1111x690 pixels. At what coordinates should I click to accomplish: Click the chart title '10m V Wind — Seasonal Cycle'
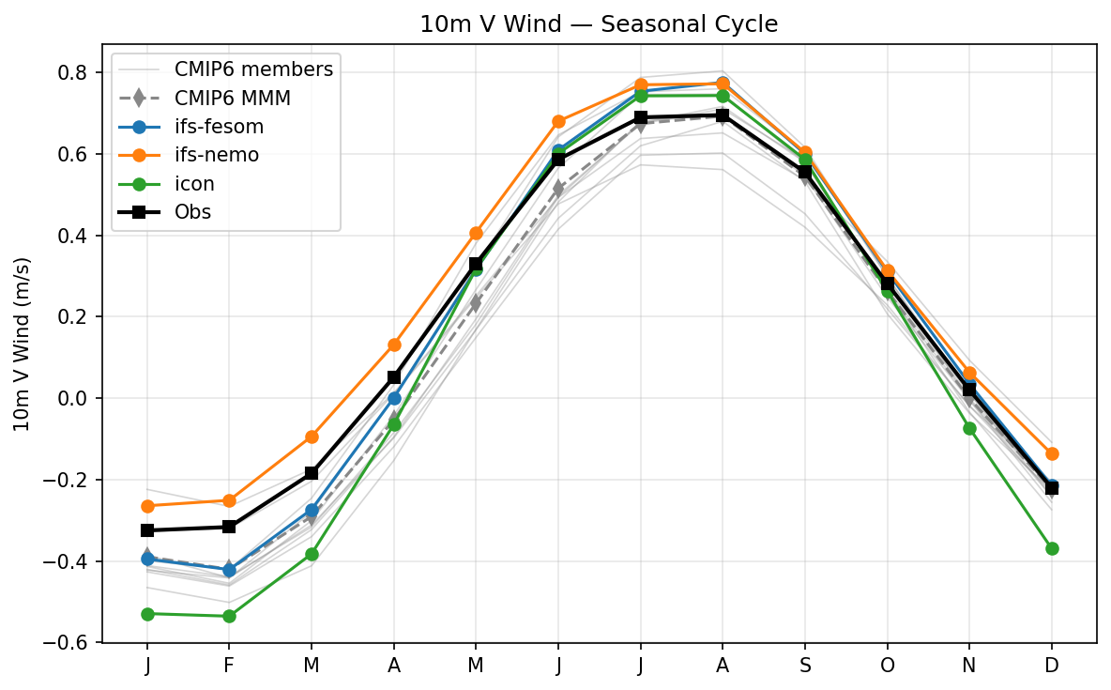(599, 24)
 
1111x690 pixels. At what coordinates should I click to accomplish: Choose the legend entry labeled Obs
(192, 212)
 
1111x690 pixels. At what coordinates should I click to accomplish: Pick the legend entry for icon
(194, 184)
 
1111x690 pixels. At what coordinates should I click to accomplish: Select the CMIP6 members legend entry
(252, 69)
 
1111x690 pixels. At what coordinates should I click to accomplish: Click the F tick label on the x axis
(229, 666)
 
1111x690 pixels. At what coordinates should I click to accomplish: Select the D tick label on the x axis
(1052, 666)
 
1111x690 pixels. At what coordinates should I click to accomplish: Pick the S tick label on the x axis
(805, 666)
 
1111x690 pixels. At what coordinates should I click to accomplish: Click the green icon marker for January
(147, 614)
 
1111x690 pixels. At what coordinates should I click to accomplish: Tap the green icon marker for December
(1052, 548)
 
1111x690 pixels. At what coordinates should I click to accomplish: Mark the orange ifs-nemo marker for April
(394, 345)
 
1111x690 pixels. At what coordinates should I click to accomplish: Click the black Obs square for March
(312, 473)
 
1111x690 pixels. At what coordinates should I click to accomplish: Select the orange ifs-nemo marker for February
(229, 500)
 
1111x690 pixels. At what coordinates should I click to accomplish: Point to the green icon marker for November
(969, 428)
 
